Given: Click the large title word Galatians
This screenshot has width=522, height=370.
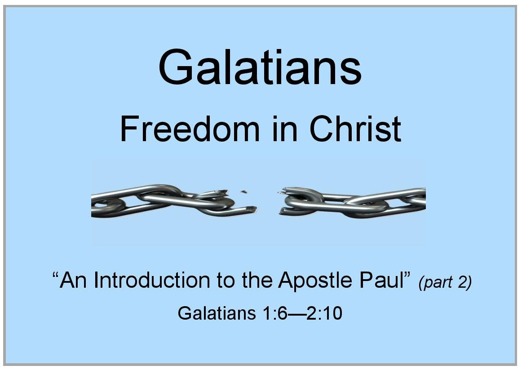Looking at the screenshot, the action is point(260,67).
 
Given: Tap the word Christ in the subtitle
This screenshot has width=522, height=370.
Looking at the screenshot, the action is point(355,129).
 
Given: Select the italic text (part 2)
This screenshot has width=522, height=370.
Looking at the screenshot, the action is point(445,282).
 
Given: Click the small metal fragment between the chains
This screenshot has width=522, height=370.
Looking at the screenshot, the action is point(244,192).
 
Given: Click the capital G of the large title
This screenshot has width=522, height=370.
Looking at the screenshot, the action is point(176,67).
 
